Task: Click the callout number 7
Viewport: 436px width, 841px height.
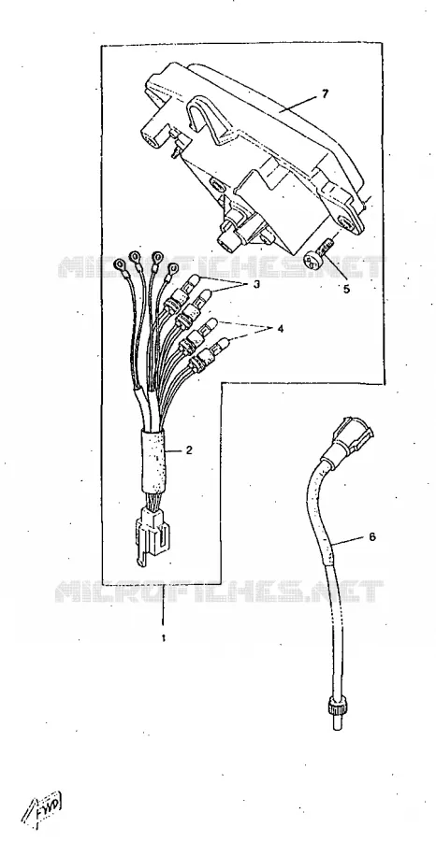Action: [325, 93]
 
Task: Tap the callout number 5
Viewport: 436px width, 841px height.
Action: [346, 289]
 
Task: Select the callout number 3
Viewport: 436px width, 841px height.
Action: [256, 284]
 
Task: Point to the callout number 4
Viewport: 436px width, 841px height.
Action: [280, 328]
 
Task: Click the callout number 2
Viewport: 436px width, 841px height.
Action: [188, 450]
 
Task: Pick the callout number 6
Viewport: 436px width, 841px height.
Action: [372, 536]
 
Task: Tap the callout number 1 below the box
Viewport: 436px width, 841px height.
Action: [163, 638]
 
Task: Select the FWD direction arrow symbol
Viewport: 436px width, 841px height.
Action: [42, 806]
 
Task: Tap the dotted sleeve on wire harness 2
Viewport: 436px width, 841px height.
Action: [153, 459]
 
